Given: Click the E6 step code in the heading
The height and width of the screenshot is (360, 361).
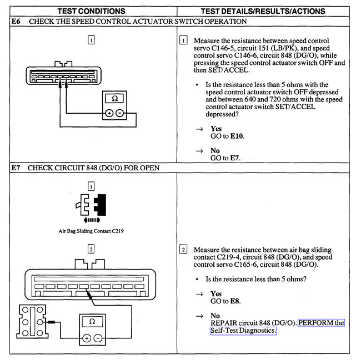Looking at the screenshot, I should pos(16,22).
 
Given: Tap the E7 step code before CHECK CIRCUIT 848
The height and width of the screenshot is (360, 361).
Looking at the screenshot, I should pos(16,167).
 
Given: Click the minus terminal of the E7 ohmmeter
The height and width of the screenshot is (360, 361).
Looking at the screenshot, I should pos(98,337).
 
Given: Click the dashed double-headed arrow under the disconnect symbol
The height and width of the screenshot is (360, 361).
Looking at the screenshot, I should pos(90,220).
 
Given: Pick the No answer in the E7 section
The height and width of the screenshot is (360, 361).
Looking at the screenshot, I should pos(215,316).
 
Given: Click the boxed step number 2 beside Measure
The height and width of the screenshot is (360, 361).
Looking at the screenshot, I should pos(183,249).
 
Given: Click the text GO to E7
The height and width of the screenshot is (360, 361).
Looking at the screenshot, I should pos(226,158).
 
